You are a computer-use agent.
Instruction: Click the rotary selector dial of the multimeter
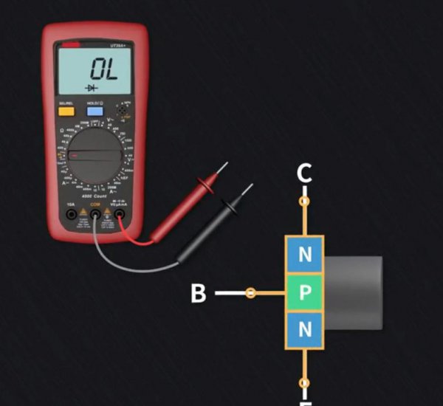(x=95, y=156)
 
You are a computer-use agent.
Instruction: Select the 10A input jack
(x=71, y=215)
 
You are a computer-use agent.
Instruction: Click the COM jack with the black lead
(x=95, y=215)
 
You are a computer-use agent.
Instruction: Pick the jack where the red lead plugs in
(x=119, y=215)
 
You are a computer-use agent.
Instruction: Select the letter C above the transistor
(x=304, y=174)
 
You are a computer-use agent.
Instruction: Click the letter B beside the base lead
(x=198, y=294)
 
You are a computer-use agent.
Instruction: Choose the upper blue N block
(x=304, y=255)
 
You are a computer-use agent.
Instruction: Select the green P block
(x=304, y=294)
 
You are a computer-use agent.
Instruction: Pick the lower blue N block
(x=304, y=330)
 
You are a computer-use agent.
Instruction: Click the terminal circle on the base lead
(x=251, y=294)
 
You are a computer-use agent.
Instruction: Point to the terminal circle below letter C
(x=303, y=201)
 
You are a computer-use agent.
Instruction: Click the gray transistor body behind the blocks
(x=354, y=292)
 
